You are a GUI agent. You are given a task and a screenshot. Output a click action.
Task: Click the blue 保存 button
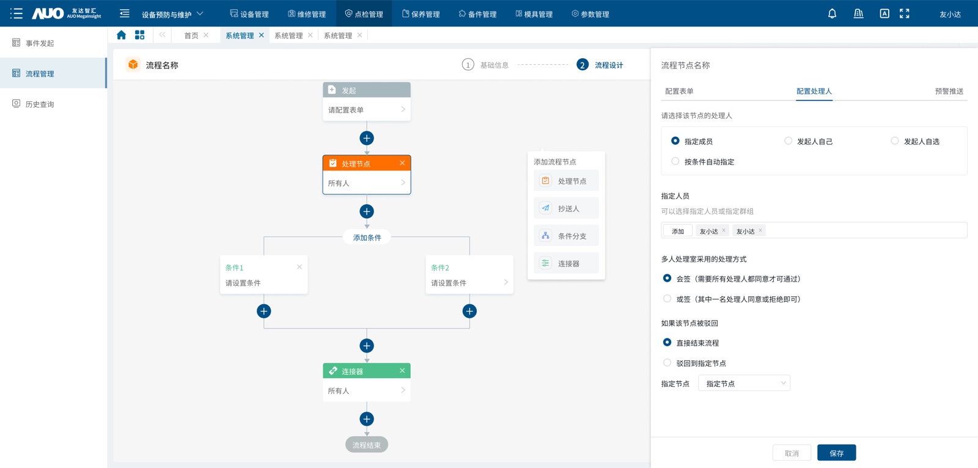(x=836, y=453)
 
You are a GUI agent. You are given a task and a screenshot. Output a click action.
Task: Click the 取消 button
(x=792, y=453)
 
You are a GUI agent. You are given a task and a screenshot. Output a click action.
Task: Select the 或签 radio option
(x=667, y=299)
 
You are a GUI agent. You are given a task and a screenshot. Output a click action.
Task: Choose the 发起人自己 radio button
(x=788, y=141)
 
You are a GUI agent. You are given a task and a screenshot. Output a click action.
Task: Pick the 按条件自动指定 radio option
(x=675, y=161)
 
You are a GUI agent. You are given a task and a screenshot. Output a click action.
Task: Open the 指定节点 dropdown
(x=744, y=383)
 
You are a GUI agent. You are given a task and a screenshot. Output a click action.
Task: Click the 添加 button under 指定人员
(x=678, y=231)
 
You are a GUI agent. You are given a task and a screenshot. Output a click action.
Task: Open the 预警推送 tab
(x=949, y=91)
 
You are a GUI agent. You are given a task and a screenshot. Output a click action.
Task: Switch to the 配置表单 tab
(x=679, y=91)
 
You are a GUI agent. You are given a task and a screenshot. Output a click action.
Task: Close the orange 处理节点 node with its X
(x=402, y=163)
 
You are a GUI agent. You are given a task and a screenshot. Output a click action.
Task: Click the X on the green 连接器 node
(x=402, y=371)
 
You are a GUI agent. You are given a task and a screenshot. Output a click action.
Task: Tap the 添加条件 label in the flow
(x=367, y=238)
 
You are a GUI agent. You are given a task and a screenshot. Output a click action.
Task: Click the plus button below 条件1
(x=263, y=311)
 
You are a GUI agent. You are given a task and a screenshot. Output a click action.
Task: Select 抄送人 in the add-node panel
(x=566, y=208)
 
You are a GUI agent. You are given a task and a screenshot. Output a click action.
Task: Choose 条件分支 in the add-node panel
(x=566, y=236)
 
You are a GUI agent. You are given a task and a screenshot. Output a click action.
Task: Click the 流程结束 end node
(x=367, y=445)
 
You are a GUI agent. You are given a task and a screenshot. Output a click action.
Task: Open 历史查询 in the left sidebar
(x=39, y=104)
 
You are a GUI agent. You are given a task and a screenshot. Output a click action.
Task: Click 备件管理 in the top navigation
(x=477, y=14)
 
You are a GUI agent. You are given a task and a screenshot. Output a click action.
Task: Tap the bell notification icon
(x=832, y=13)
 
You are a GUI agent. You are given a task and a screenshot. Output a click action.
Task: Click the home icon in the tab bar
(x=122, y=35)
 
